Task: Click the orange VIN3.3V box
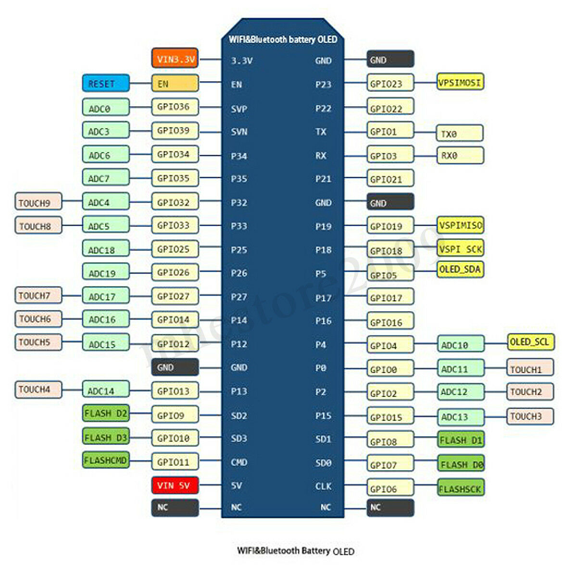point(175,58)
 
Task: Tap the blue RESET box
point(106,83)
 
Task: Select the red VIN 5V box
point(175,485)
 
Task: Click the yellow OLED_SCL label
point(530,342)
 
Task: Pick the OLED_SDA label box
point(460,269)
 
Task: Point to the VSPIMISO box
point(460,225)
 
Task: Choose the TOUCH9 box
point(38,201)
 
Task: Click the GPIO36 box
point(175,107)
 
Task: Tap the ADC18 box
point(106,248)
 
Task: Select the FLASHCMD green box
point(106,460)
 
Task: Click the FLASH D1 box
point(461,439)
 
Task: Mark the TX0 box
point(460,133)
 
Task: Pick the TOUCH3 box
point(530,416)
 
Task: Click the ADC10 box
point(461,344)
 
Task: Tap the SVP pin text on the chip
point(239,109)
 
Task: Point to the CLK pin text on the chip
point(324,486)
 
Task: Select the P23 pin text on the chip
point(324,85)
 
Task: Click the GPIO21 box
point(390,178)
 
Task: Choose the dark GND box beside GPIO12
point(175,367)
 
